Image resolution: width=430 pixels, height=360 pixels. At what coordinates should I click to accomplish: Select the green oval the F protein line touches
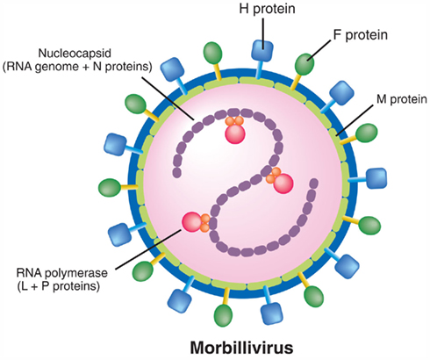point(306,63)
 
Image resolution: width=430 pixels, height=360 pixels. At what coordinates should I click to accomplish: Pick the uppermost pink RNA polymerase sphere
point(235,133)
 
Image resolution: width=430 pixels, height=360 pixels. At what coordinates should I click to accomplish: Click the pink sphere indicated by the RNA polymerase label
point(190,222)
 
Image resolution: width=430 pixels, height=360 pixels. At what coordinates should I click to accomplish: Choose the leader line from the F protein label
point(331,48)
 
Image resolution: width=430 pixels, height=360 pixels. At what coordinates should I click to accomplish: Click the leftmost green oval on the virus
point(110,188)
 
